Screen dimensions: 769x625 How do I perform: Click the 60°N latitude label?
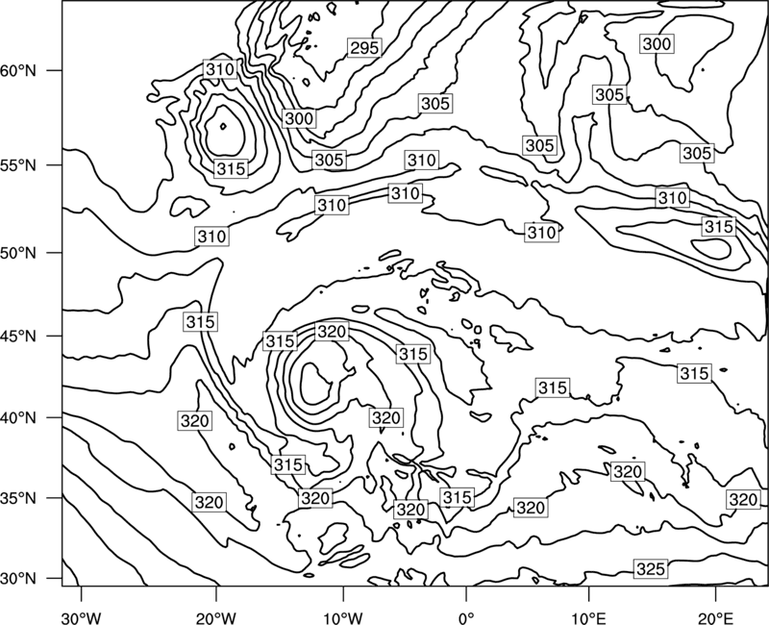pyautogui.click(x=18, y=70)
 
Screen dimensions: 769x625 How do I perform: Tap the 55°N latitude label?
pyautogui.click(x=18, y=165)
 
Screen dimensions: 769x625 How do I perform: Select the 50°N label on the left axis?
pyautogui.click(x=18, y=253)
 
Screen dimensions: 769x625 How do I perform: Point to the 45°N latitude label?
pyautogui.click(x=18, y=336)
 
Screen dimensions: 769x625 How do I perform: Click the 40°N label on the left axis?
pyautogui.click(x=18, y=418)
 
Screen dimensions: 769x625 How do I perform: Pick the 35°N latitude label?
pyautogui.click(x=18, y=498)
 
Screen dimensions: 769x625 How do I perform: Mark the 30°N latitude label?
pyautogui.click(x=18, y=579)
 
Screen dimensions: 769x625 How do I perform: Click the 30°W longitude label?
pyautogui.click(x=82, y=616)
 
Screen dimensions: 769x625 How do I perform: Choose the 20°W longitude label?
pyautogui.click(x=216, y=616)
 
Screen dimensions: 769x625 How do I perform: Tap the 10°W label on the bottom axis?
pyautogui.click(x=343, y=616)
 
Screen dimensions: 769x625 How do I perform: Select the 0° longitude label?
pyautogui.click(x=466, y=616)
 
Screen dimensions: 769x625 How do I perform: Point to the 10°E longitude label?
pyautogui.click(x=588, y=616)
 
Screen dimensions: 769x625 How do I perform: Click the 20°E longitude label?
pyautogui.click(x=715, y=616)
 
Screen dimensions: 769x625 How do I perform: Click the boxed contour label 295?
pyautogui.click(x=365, y=47)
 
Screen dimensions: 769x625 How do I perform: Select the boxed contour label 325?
pyautogui.click(x=651, y=568)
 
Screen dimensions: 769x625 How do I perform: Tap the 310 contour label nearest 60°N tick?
pyautogui.click(x=220, y=69)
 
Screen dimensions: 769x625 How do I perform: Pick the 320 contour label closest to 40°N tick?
pyautogui.click(x=195, y=420)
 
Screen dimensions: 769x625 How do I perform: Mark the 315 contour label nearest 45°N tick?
pyautogui.click(x=201, y=322)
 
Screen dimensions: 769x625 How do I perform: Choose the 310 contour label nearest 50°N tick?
pyautogui.click(x=211, y=237)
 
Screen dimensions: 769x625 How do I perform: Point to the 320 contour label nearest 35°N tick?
pyautogui.click(x=209, y=502)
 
